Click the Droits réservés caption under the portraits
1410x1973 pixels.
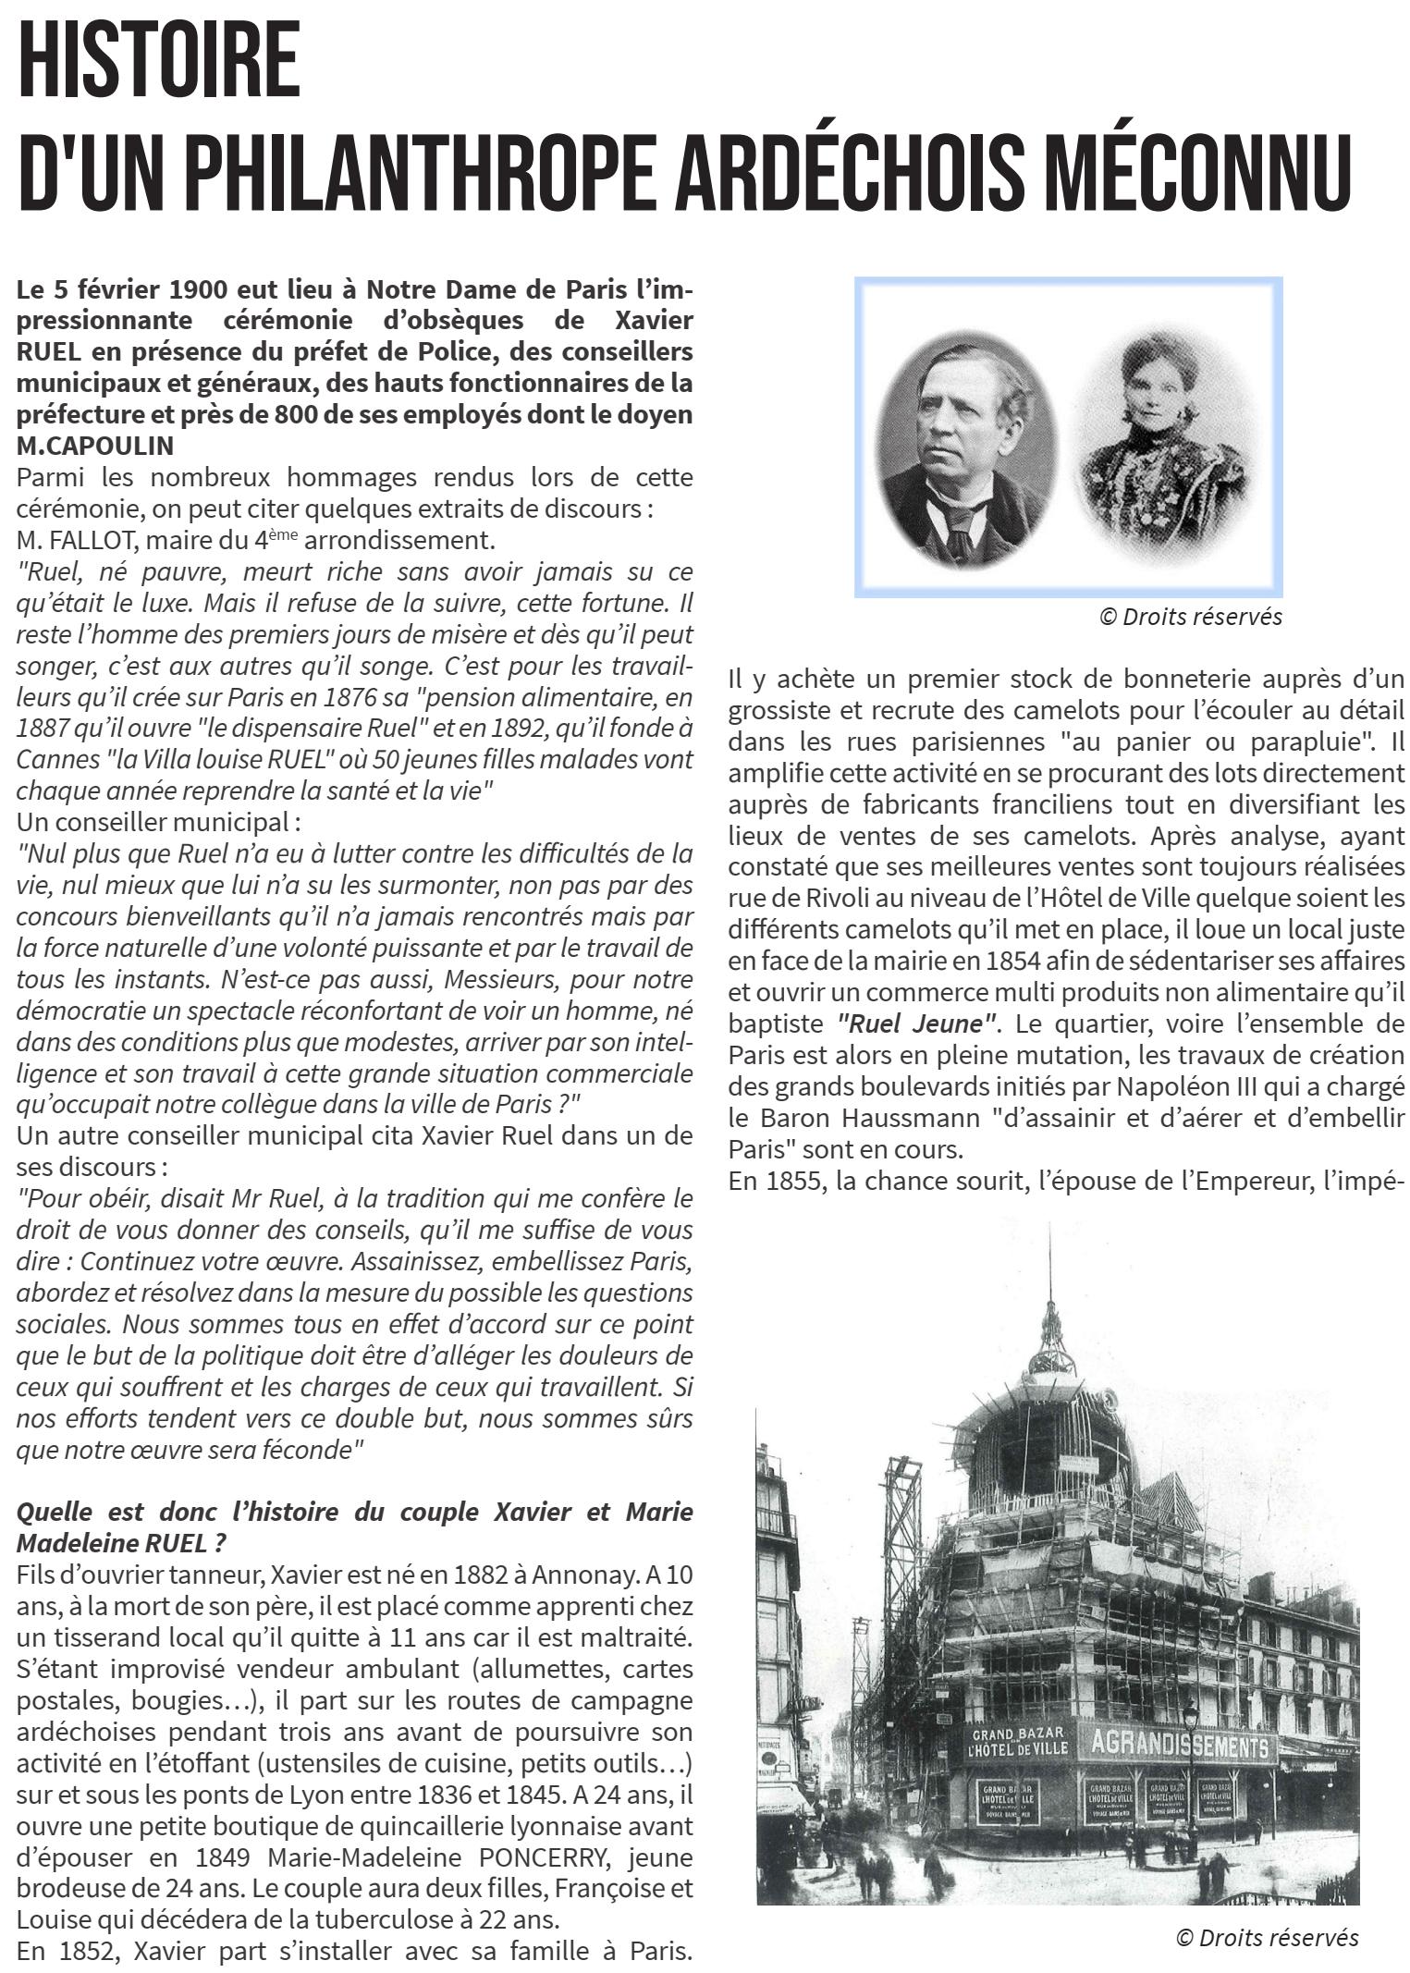(1190, 617)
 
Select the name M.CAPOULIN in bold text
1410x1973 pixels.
(95, 446)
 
